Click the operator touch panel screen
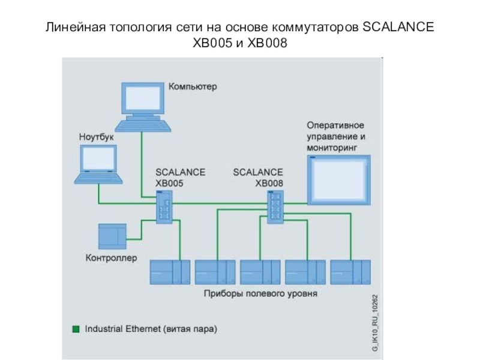pos(338,180)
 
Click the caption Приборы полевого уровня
pos(260,294)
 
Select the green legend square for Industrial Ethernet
pos(76,329)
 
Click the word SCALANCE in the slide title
pos(397,29)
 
